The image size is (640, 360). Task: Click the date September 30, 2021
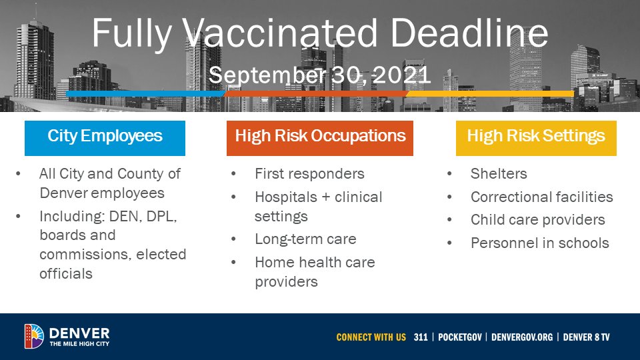(320, 75)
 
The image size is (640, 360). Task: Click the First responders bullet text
(309, 174)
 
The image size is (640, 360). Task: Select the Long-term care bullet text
(305, 239)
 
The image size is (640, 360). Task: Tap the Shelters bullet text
(499, 174)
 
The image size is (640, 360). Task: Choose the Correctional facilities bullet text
(541, 197)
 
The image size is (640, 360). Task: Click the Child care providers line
(537, 219)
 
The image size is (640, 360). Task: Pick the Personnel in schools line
(539, 243)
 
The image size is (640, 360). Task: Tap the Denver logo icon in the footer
(34, 336)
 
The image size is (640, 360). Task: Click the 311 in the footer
(421, 337)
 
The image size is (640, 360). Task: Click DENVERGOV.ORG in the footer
(522, 337)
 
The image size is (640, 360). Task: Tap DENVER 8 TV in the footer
(586, 337)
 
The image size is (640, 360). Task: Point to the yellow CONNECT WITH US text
(371, 337)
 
